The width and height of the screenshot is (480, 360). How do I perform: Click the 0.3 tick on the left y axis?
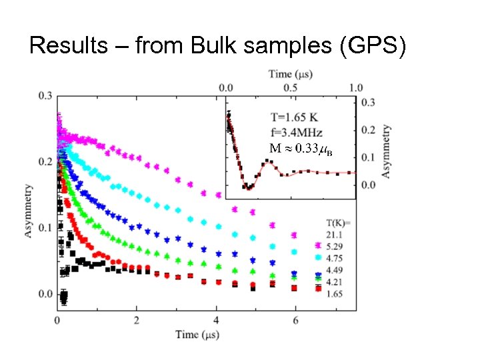(45, 96)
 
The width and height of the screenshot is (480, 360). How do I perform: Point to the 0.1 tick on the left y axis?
(45, 228)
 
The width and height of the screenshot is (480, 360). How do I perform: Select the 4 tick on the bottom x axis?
(215, 320)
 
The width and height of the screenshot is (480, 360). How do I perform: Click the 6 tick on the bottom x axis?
(295, 320)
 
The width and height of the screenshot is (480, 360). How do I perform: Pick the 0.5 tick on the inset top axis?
(291, 87)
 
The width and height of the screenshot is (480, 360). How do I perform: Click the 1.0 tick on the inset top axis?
(356, 87)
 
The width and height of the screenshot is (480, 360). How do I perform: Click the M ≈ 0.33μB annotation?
(300, 148)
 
